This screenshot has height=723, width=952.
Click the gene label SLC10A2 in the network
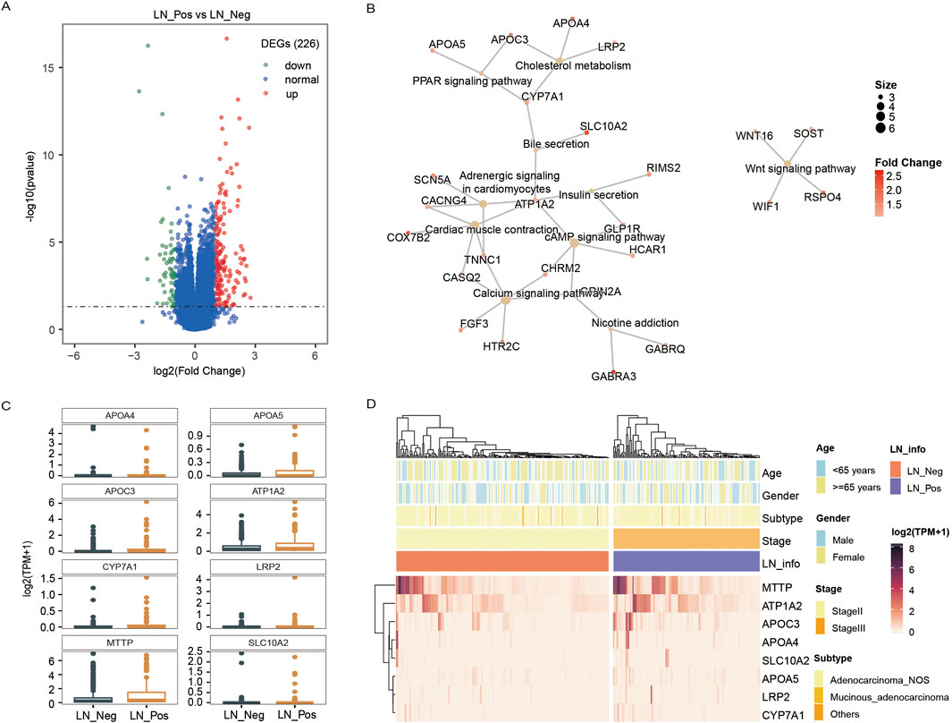click(x=602, y=127)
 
